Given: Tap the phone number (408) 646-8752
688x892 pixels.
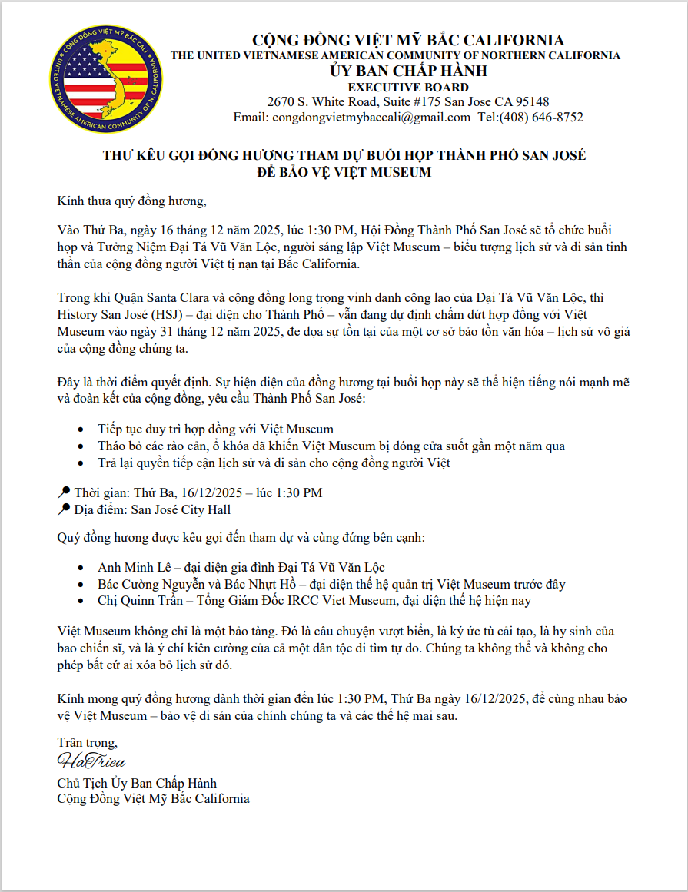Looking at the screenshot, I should (541, 118).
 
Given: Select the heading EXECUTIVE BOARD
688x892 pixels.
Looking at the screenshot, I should (408, 87).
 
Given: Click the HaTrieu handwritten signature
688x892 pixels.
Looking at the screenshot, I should (91, 762).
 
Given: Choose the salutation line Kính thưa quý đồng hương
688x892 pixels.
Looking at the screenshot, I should (132, 202).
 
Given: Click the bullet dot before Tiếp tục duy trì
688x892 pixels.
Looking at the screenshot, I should (82, 429).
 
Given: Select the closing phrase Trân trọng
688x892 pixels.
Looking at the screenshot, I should (87, 743).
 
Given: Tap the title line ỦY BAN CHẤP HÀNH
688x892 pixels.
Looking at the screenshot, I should (408, 71).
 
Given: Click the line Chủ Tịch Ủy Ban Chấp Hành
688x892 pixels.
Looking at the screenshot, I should (137, 783).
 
